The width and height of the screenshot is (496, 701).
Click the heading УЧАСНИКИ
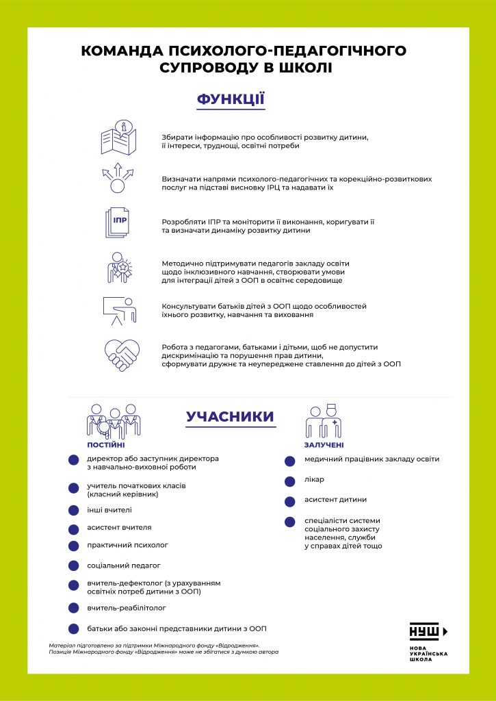[230, 417]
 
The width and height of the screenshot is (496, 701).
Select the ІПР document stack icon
[116, 223]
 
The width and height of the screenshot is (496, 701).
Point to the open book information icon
[118, 138]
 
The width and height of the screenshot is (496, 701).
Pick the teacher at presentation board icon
[118, 311]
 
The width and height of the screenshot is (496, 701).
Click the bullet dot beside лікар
[291, 480]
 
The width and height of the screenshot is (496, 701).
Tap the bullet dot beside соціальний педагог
[73, 565]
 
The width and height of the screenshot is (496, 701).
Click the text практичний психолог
[127, 545]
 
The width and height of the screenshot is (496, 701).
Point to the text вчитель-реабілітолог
[127, 607]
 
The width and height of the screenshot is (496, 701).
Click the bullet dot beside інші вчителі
[73, 510]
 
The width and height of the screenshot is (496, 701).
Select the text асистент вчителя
[119, 527]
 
